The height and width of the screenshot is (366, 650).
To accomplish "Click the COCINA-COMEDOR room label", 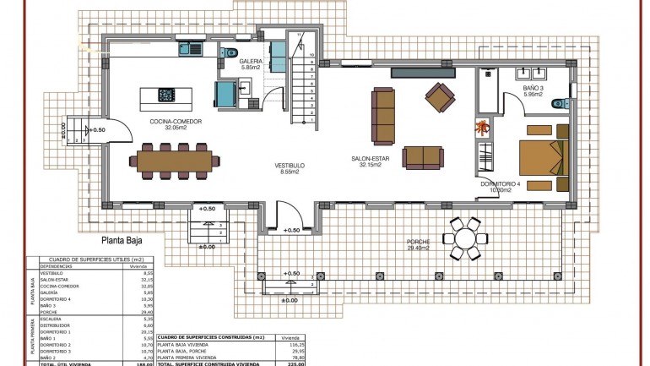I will coord(173,123).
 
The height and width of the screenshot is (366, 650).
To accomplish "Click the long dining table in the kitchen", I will coord(175,158).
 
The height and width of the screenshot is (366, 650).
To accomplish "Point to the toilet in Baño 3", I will coord(558,103).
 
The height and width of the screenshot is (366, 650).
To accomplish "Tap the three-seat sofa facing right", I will coord(384,115).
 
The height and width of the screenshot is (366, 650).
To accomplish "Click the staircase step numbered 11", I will coord(299,35).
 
